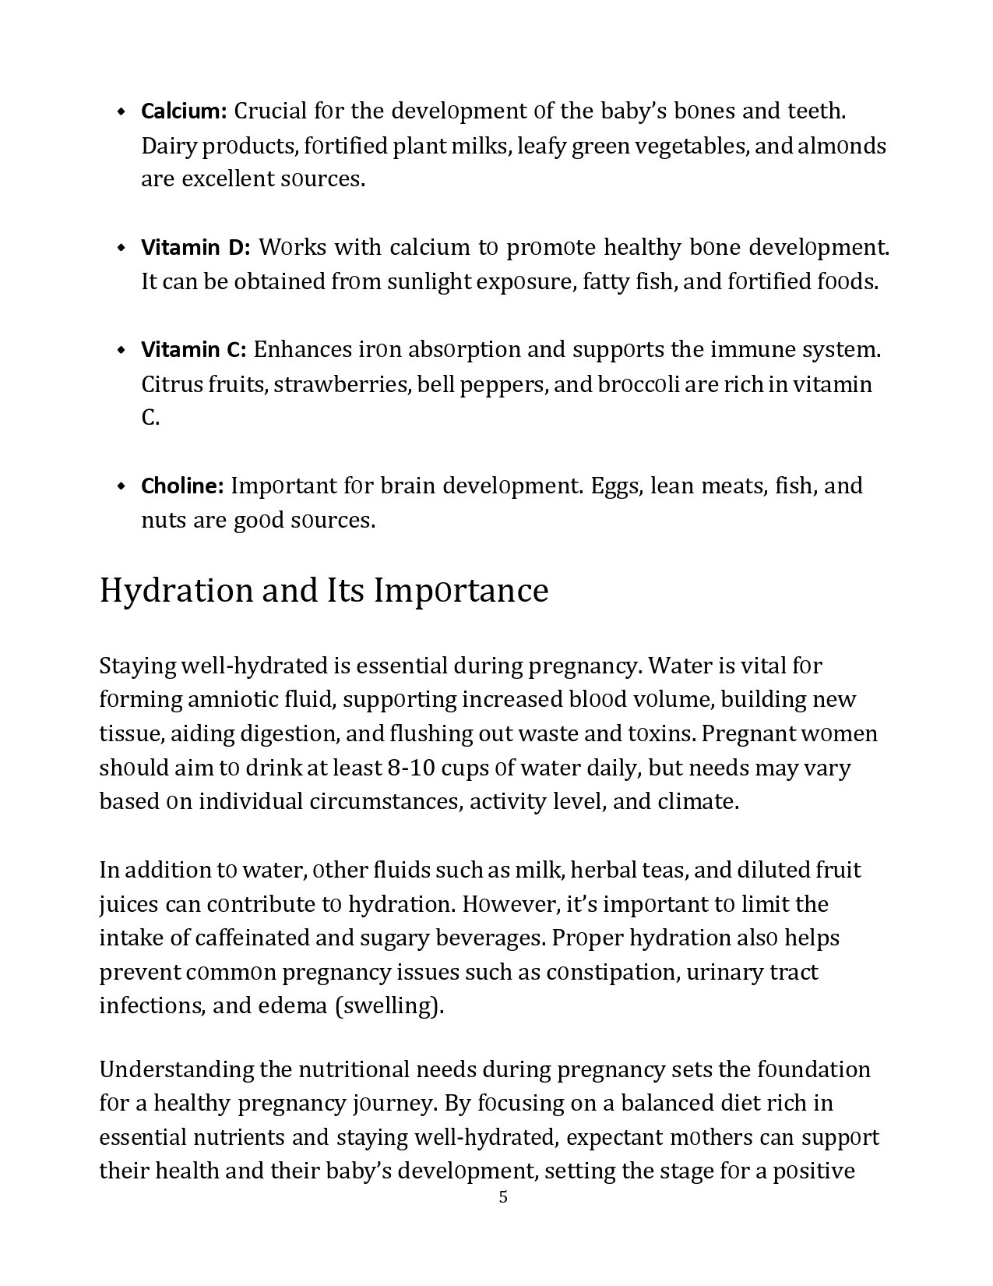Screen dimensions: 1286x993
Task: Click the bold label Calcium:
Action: point(183,111)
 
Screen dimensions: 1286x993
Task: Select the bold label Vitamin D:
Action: point(195,248)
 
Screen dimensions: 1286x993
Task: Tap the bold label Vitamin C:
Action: point(193,350)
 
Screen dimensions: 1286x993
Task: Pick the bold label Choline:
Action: point(182,486)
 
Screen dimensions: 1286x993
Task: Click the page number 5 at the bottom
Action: point(503,1197)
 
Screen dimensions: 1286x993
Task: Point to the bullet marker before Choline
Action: point(121,486)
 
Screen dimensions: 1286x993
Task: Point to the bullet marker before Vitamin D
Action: point(121,248)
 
